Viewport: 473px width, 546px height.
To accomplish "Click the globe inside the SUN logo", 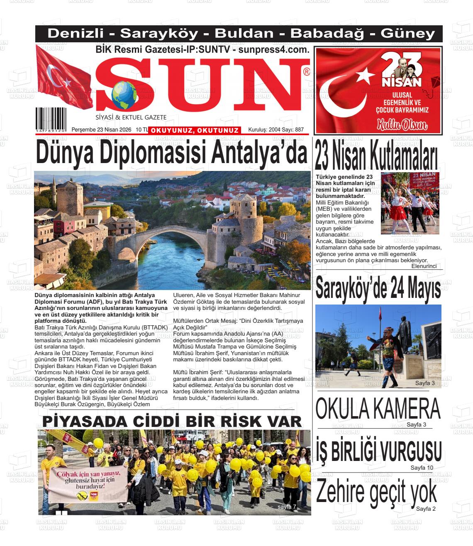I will click(x=124, y=94).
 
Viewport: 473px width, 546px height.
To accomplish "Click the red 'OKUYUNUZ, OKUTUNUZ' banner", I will click(x=195, y=131).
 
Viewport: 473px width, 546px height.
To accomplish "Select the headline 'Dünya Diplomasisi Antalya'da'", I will click(x=171, y=153).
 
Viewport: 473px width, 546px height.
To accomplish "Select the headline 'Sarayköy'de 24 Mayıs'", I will click(x=378, y=288).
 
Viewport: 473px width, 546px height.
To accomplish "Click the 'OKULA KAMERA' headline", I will click(x=378, y=409).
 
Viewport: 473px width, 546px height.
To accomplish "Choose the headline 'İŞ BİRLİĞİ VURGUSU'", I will click(x=378, y=450).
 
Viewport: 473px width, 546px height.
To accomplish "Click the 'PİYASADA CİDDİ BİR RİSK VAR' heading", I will click(x=172, y=421).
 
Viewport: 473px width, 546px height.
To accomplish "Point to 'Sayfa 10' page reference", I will click(x=422, y=468).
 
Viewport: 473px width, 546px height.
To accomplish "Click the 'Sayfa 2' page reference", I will click(x=426, y=509).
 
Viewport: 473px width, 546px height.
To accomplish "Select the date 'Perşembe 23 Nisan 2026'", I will click(x=101, y=130).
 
